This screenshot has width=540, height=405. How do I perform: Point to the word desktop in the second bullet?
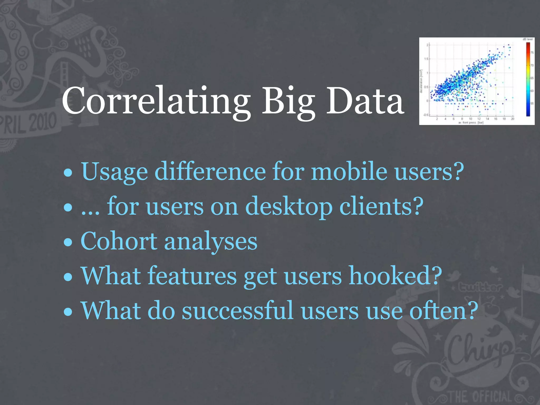pos(288,207)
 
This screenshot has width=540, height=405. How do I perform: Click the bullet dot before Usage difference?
pos(68,173)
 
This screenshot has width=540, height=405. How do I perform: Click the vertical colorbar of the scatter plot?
pos(528,79)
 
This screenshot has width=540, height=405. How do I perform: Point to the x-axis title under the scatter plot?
pos(471,122)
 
